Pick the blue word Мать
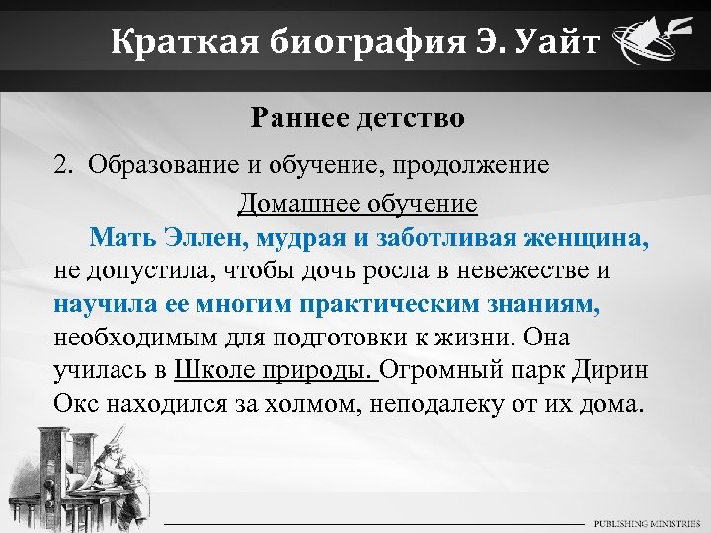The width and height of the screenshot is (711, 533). click(x=120, y=238)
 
